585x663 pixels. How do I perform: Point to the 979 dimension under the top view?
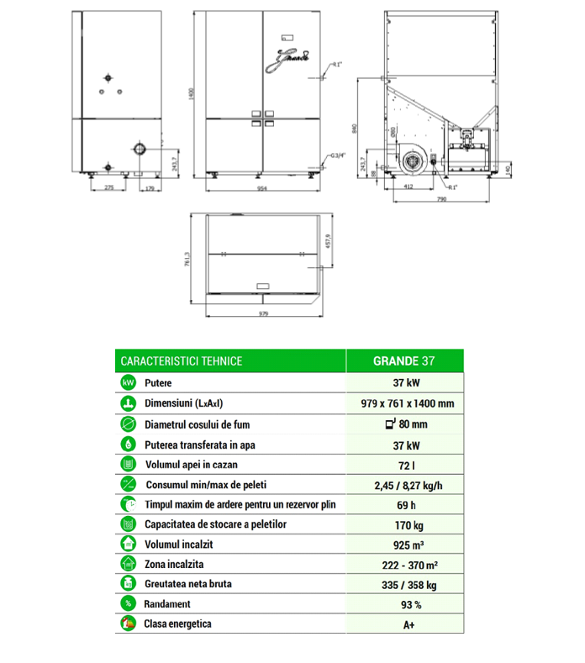coord(263,315)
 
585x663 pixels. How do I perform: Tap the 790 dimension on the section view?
coord(440,201)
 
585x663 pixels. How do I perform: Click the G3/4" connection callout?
coord(335,155)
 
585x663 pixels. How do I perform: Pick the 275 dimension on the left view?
coord(109,189)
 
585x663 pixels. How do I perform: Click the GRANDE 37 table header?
coord(402,361)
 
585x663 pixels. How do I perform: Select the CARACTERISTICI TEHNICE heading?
coord(182,361)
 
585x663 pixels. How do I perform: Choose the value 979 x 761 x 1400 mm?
coord(402,403)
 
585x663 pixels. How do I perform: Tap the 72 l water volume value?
coord(402,465)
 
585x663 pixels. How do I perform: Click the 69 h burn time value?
coord(402,505)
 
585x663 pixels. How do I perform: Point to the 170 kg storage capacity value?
coord(402,525)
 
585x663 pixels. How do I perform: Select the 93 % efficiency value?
coord(402,604)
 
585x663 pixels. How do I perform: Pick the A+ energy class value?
coord(402,624)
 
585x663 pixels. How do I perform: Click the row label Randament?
coord(167,604)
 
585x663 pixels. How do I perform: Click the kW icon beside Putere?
coord(128,382)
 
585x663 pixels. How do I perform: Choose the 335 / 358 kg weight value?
coord(402,585)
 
